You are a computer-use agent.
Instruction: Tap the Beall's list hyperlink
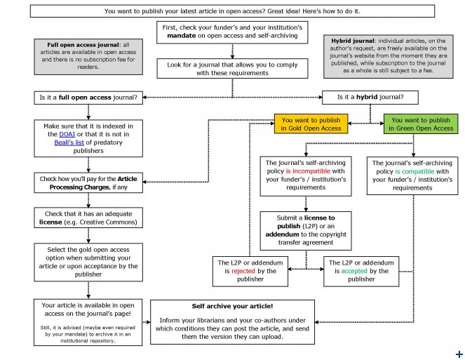point(72,141)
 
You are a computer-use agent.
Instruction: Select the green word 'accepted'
point(355,271)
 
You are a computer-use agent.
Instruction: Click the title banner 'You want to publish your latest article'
point(232,12)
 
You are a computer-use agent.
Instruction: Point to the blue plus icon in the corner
point(459,353)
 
